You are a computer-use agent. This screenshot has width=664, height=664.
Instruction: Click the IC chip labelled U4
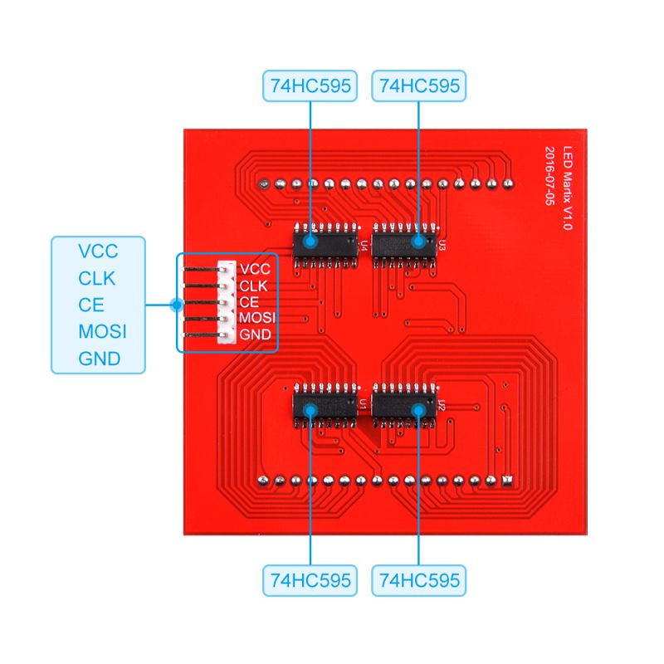point(324,242)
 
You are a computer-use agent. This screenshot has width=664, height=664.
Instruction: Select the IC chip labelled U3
point(404,242)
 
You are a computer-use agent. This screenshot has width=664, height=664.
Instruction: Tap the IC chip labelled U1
point(324,407)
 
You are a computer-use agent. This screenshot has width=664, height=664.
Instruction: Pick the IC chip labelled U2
point(404,407)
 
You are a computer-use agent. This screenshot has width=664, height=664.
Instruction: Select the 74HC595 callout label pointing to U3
point(418,85)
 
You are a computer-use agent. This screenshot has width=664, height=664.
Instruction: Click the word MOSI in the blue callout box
point(102,332)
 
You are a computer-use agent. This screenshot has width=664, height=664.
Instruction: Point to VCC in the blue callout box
point(98,251)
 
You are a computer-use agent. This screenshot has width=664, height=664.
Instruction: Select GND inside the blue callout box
point(99,359)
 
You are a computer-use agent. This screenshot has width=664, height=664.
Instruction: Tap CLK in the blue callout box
point(97,278)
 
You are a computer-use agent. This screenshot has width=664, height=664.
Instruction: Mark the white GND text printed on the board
point(255,334)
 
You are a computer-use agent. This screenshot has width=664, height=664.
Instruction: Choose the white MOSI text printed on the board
point(257,318)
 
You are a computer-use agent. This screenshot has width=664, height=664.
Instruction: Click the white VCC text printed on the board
point(254,270)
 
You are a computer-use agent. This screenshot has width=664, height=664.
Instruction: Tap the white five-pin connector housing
point(225,303)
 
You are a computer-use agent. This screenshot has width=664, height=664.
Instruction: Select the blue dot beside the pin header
point(175,305)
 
